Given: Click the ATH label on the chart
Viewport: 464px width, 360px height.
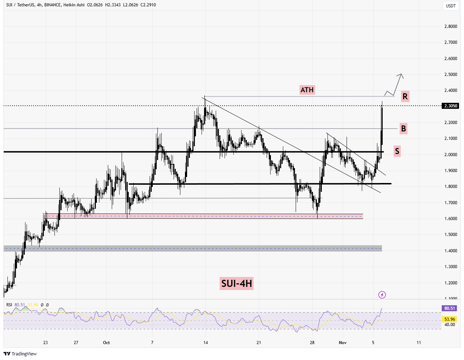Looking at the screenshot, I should tap(307, 90).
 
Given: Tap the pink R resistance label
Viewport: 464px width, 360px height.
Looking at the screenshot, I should tap(405, 96).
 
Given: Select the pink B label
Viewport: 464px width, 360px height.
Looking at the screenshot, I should tap(403, 128).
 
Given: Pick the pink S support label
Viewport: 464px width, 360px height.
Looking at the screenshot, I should tap(397, 151).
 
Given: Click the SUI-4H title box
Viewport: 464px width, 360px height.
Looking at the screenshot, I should tap(236, 283).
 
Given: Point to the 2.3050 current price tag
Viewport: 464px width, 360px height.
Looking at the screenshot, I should tap(451, 106).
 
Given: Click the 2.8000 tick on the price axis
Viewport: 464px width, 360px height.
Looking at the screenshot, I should tap(451, 26).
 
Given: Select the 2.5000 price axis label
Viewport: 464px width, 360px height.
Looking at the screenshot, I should tap(451, 75).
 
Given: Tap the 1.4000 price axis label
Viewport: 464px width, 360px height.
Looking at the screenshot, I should tap(451, 251).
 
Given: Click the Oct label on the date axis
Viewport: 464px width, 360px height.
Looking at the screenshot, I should tap(106, 343).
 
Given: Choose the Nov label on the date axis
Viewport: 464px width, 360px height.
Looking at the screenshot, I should tap(342, 343).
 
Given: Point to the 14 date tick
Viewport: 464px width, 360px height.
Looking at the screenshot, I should tap(205, 343).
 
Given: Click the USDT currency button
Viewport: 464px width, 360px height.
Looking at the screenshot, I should tap(451, 6).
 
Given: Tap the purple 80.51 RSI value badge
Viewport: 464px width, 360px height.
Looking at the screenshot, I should tap(449, 308).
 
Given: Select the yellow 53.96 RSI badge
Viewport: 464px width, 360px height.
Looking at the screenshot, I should tap(449, 319).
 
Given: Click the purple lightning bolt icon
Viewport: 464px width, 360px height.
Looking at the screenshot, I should tap(382, 295).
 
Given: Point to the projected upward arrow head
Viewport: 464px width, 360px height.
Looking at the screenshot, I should tap(401, 75).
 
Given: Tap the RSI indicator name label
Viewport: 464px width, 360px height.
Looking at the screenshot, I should tap(9, 305).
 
